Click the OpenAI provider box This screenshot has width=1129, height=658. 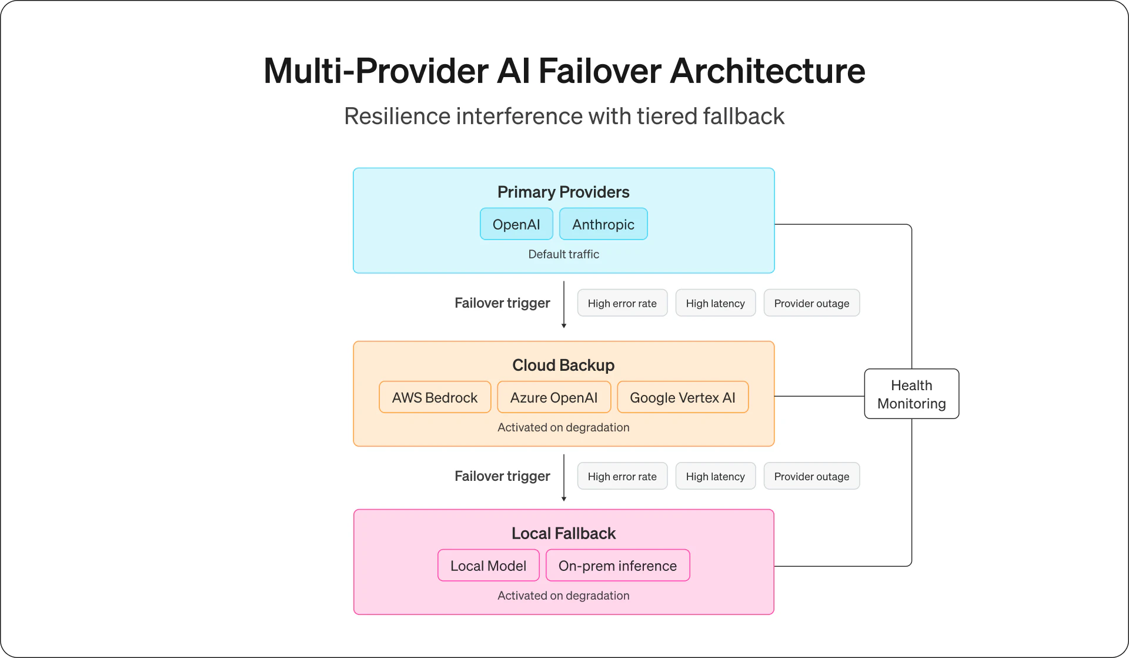click(516, 224)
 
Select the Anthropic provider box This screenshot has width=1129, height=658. click(603, 224)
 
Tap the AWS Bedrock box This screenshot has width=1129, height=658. click(435, 397)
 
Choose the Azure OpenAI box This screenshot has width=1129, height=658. click(554, 397)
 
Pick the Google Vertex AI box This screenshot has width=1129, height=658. click(683, 397)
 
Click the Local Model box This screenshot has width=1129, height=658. click(488, 566)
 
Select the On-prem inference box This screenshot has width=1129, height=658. click(617, 566)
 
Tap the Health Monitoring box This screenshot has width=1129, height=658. click(911, 394)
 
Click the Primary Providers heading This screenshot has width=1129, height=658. click(563, 192)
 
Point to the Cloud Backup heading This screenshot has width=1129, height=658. click(563, 365)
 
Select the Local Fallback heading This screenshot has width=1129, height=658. click(563, 533)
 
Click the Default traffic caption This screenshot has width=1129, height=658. click(563, 254)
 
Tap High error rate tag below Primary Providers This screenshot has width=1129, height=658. click(622, 303)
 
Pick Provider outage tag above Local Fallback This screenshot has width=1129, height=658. click(811, 476)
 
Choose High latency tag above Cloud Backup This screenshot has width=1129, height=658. click(715, 303)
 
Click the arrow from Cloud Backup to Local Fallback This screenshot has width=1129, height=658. click(564, 477)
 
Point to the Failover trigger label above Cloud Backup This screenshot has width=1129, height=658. click(502, 303)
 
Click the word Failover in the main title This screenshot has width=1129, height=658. click(600, 71)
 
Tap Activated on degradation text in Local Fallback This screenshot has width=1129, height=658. click(563, 596)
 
